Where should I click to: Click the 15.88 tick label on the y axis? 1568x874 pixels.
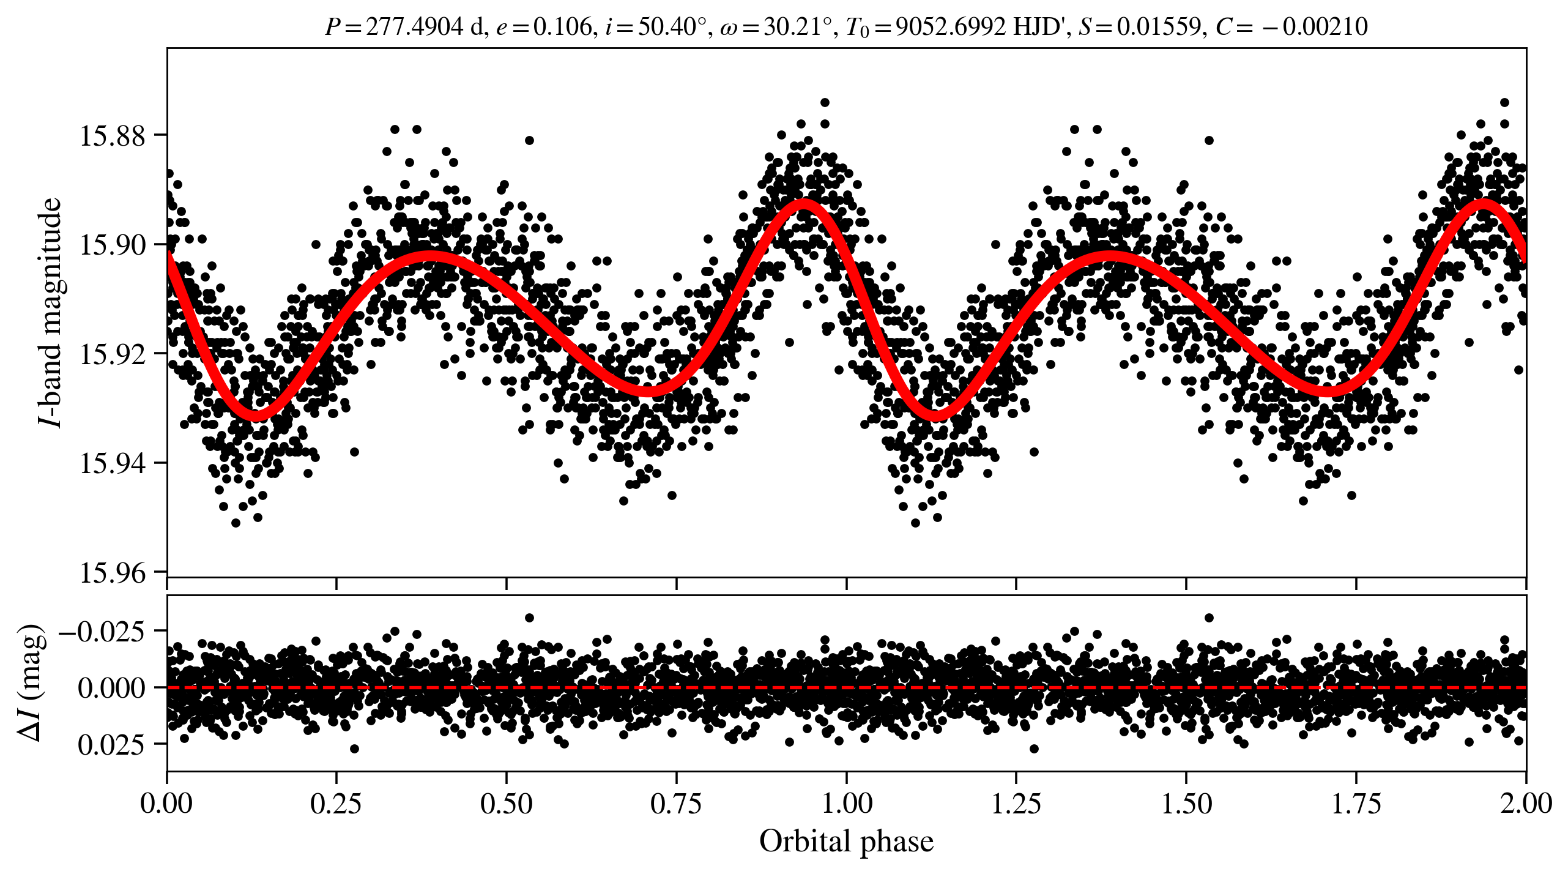point(113,135)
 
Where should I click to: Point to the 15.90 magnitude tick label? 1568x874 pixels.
point(113,245)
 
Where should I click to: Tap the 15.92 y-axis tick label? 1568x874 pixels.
point(113,354)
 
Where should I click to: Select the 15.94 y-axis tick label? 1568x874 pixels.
point(113,463)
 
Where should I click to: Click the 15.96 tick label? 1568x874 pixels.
point(113,573)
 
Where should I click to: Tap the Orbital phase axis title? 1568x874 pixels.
point(846,842)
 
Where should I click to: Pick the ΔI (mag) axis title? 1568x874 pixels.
point(31,682)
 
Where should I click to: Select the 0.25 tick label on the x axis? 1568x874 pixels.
point(336,804)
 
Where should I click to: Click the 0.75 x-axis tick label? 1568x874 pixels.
point(676,804)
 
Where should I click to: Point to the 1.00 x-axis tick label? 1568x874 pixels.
point(846,804)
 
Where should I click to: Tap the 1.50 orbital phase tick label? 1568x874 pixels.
point(1186,804)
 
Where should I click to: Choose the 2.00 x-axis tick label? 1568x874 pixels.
point(1526,804)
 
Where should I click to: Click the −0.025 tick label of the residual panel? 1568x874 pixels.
point(102,631)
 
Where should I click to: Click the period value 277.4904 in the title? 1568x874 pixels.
point(414,26)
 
